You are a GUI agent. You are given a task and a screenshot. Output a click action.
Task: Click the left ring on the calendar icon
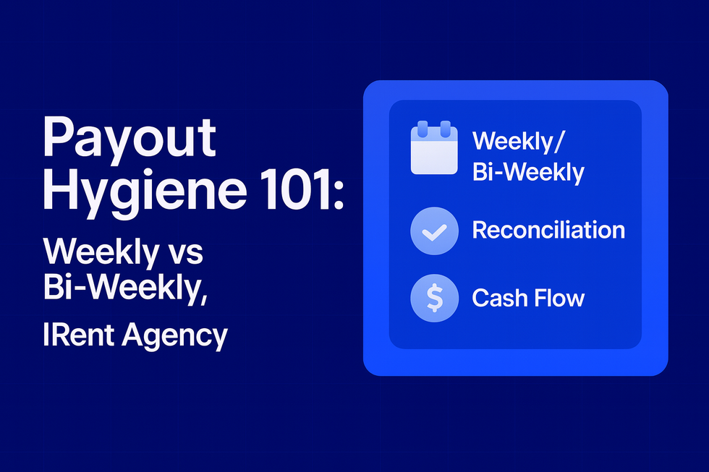click(423, 130)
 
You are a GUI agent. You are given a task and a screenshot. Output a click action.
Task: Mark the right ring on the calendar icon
click(446, 130)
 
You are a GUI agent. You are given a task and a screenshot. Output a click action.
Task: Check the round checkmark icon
click(434, 231)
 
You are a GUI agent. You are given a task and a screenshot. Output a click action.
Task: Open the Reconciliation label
click(548, 230)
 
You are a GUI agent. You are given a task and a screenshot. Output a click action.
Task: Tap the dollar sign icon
click(434, 298)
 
